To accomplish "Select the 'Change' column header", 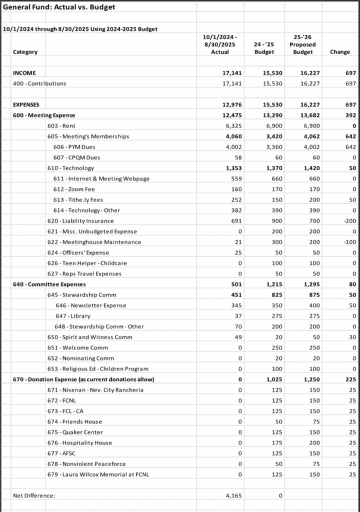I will coord(340,52).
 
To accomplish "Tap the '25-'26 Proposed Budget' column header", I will coord(302,44).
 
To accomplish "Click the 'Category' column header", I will coord(25,52).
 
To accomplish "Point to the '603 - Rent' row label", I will coord(61,126).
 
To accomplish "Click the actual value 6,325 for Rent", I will coord(232,126).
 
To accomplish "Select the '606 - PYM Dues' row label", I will coord(75,147).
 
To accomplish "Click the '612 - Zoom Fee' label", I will coord(75,189).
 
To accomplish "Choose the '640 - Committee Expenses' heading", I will coord(49,284).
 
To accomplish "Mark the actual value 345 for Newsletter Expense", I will coord(235,305).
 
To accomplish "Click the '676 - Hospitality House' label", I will coord(79,443).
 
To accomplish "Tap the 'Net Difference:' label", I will coord(34,496).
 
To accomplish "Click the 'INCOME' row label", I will coord(24,73).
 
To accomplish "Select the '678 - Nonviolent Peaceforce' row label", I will coord(85,464).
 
